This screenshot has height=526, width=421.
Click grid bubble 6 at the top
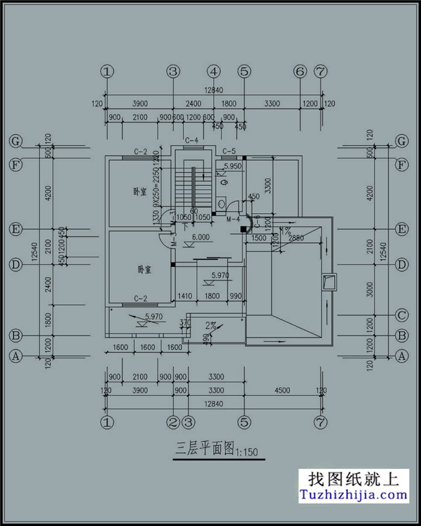(299, 71)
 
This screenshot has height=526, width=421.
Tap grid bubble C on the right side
(402, 315)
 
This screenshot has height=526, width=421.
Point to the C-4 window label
(191, 141)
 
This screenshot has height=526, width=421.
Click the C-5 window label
(229, 152)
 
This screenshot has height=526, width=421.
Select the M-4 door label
(233, 220)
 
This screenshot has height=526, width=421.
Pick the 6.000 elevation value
(200, 237)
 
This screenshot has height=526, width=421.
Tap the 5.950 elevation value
(233, 167)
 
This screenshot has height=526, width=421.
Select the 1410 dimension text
(185, 296)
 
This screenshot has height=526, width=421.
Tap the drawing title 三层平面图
(205, 448)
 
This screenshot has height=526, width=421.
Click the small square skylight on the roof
(330, 281)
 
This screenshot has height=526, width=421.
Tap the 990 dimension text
(234, 296)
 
